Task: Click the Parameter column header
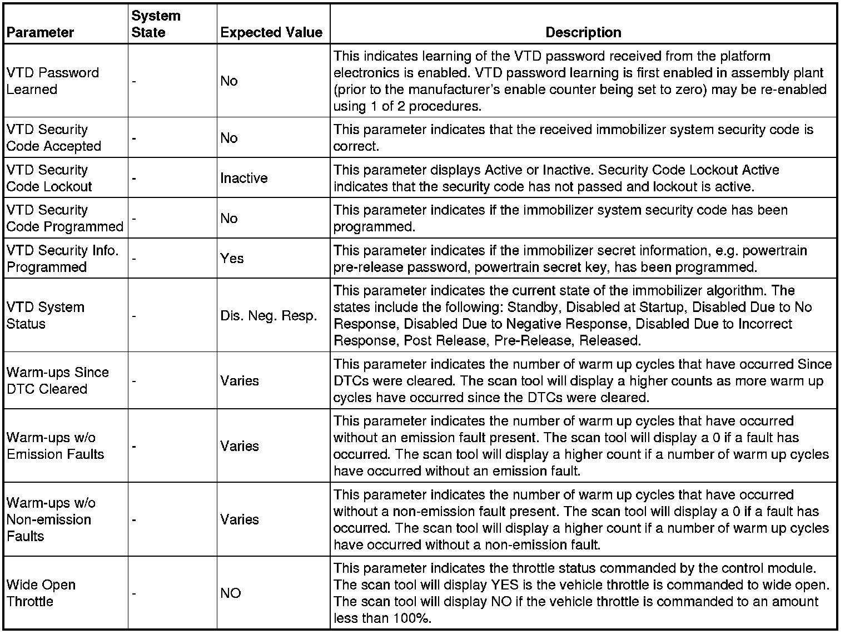[x=40, y=32]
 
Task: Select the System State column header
[x=156, y=24]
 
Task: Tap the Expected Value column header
[x=271, y=32]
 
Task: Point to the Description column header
[x=583, y=32]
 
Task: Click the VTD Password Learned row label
[x=53, y=81]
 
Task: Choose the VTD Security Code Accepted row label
[x=54, y=138]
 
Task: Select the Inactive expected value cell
[x=243, y=178]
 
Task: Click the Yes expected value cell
[x=232, y=259]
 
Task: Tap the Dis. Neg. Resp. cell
[x=269, y=316]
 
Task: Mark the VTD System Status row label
[x=46, y=315]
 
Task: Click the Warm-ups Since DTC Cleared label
[x=57, y=380]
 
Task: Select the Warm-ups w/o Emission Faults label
[x=55, y=446]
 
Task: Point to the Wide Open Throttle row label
[x=41, y=593]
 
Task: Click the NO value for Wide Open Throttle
[x=231, y=593]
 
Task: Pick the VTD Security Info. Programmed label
[x=62, y=259]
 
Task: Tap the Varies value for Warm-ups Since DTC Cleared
[x=240, y=381]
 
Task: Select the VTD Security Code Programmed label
[x=64, y=219]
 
